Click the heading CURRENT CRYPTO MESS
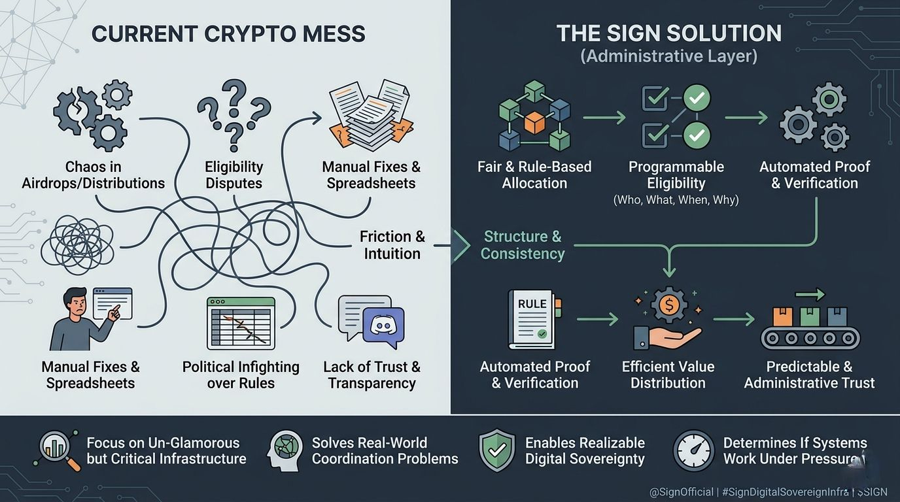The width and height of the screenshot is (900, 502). (228, 34)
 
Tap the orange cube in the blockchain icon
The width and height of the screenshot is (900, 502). (534, 122)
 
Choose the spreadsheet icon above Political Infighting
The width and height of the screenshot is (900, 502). (241, 323)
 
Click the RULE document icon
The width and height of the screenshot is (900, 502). (532, 319)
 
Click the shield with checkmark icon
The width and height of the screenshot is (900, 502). (497, 450)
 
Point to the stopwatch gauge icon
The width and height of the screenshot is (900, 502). (693, 450)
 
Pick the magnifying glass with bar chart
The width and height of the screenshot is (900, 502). (58, 450)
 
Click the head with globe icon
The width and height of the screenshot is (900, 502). (285, 450)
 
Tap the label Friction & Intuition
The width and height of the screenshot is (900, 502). (392, 244)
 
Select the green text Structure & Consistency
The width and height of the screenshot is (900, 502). (522, 244)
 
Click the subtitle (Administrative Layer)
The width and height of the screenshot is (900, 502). (668, 56)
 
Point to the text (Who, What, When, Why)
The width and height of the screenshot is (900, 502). (676, 200)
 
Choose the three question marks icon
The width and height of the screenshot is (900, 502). (234, 114)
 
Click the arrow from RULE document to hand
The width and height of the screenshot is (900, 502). (597, 320)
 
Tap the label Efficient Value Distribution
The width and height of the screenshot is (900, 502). (668, 375)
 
